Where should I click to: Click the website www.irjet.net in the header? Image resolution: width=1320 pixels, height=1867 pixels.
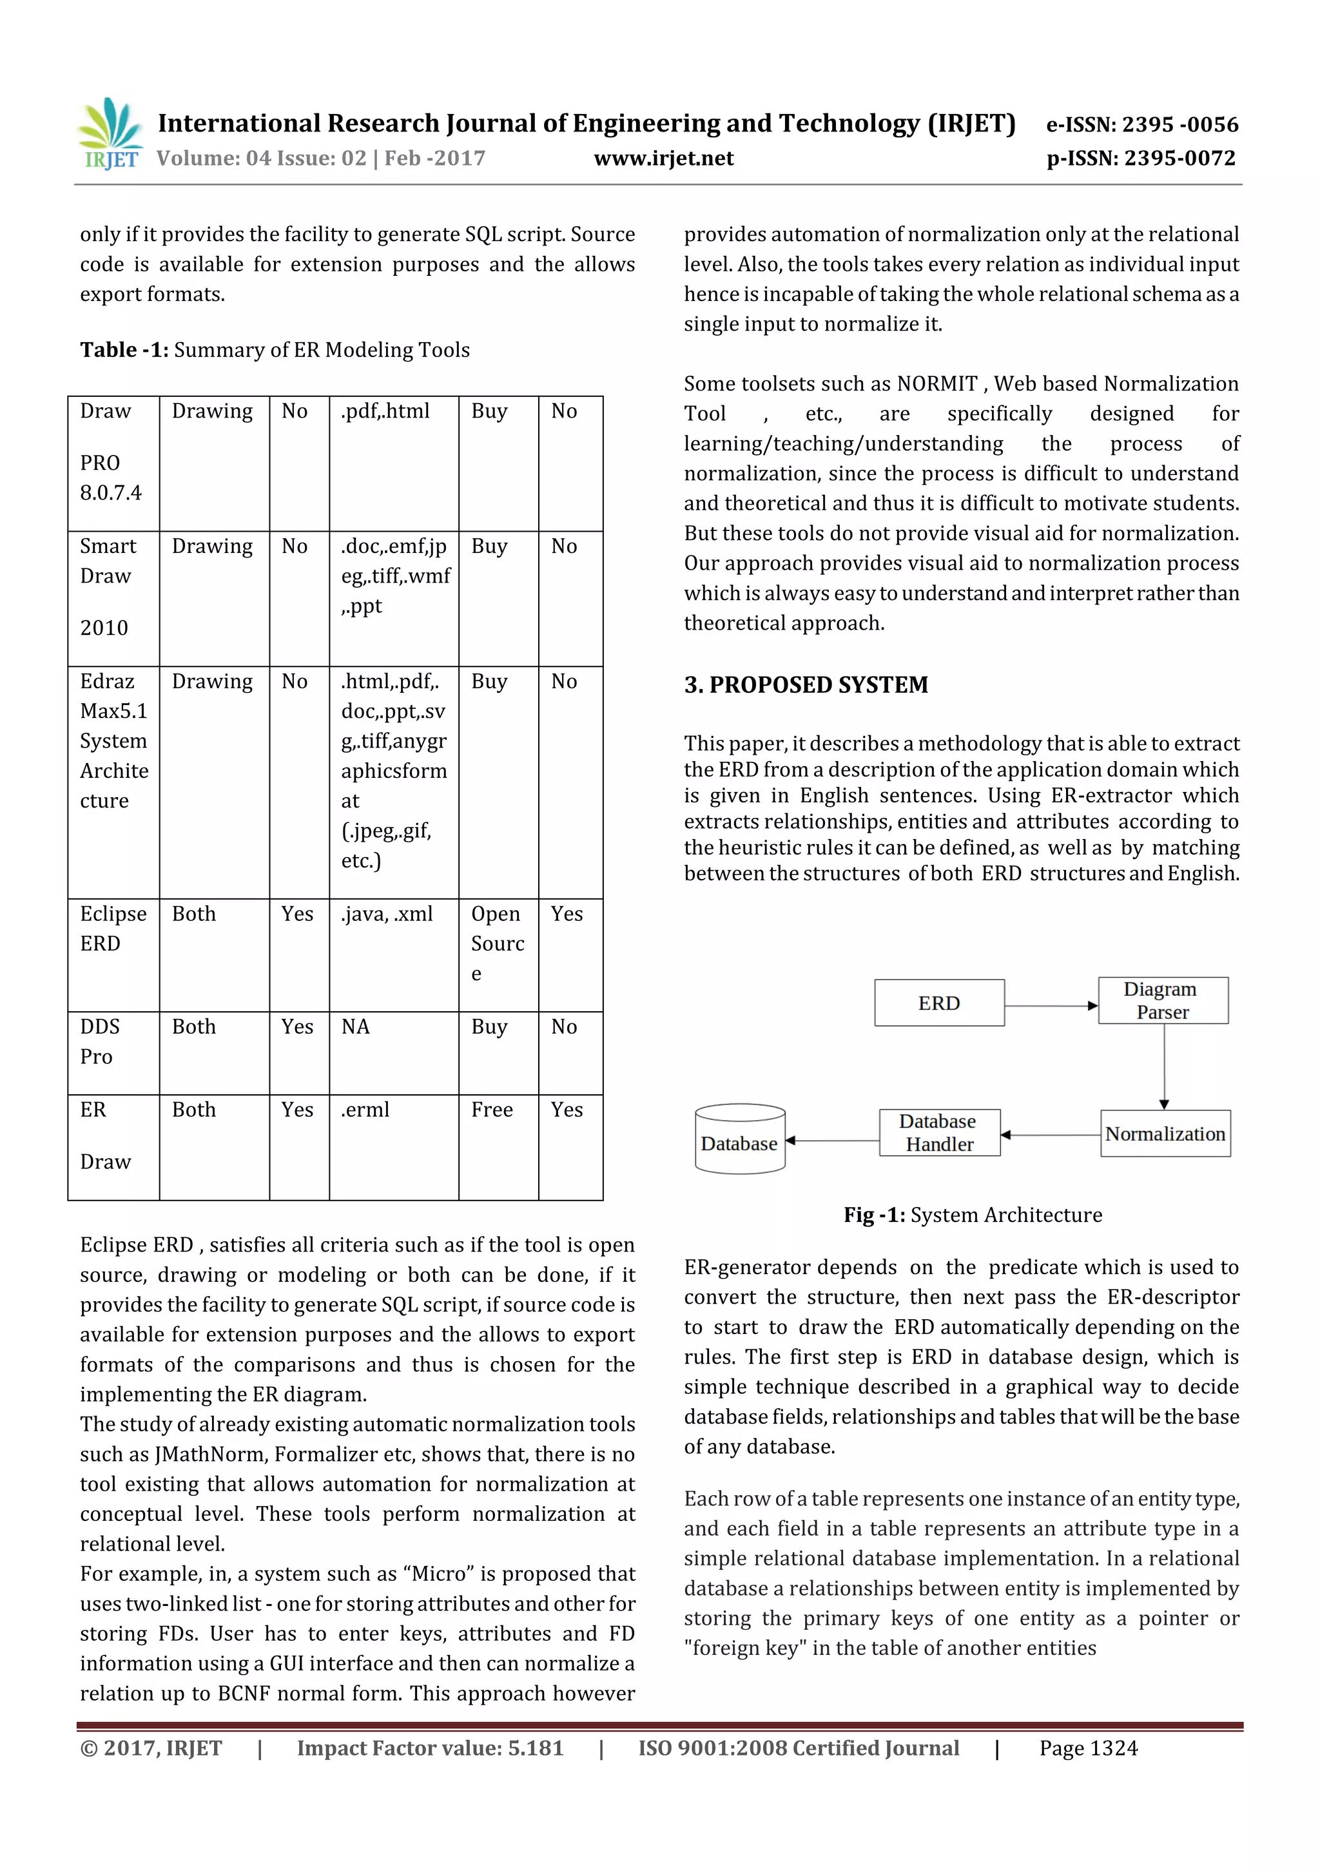coord(664,158)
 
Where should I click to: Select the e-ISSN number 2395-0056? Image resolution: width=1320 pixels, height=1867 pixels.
coord(1179,124)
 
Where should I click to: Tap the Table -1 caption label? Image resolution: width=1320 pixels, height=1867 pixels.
coord(124,350)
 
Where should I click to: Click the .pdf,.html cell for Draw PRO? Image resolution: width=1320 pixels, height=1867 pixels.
coord(385,411)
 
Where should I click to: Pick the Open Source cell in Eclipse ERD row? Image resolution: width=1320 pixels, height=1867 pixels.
coord(497,943)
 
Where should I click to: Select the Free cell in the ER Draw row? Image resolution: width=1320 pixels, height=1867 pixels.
coord(492,1110)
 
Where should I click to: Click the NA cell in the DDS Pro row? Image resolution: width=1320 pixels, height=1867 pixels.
coord(355,1027)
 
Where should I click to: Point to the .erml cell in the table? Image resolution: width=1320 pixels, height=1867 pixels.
coord(365,1110)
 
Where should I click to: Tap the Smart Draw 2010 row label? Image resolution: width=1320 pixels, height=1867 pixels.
coord(108,585)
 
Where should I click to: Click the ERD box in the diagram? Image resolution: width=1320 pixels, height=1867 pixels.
coord(938,1003)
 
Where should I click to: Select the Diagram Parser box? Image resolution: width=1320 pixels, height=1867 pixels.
coord(1162,1000)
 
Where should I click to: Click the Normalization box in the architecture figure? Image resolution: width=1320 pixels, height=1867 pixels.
coord(1165,1134)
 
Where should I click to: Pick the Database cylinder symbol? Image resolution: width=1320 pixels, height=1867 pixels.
coord(739,1139)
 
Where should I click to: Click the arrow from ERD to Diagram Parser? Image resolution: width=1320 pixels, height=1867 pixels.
coord(1051,1006)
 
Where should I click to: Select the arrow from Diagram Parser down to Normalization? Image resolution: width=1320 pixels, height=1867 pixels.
coord(1164,1065)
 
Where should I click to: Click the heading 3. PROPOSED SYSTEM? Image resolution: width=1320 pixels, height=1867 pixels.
coord(805,684)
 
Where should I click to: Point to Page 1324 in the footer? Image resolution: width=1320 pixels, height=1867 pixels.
coord(1088,1748)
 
